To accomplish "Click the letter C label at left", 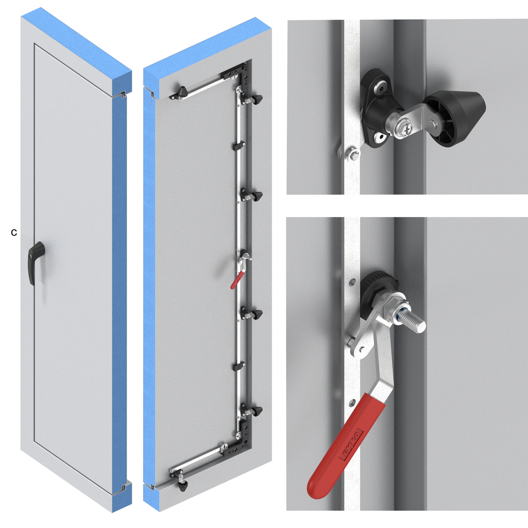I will click(x=14, y=233).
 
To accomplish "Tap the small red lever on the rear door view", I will click(x=236, y=280).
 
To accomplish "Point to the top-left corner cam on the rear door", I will click(x=181, y=93).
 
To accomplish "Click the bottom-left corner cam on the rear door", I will click(x=182, y=484).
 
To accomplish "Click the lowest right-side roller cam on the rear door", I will click(x=255, y=411).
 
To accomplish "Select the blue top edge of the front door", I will click(x=82, y=44).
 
